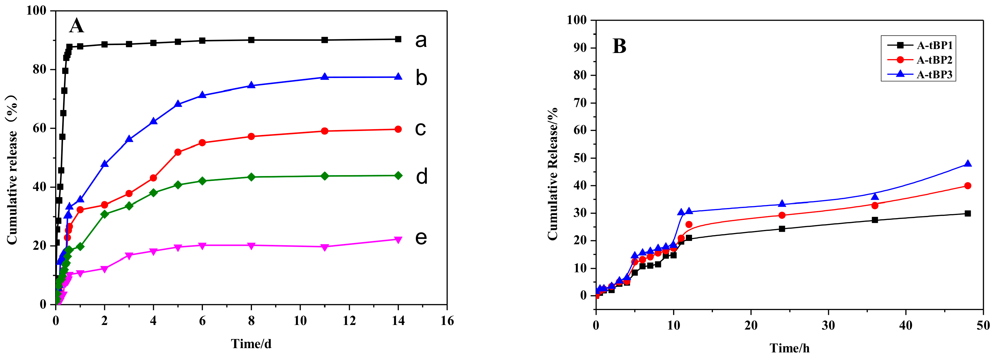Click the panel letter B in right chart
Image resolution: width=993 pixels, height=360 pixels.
(619, 46)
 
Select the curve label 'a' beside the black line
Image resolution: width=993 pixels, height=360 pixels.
(421, 40)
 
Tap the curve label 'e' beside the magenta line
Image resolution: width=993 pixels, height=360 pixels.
(421, 238)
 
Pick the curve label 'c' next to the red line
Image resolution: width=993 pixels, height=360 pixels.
(420, 129)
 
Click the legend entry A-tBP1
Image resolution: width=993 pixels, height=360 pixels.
(934, 45)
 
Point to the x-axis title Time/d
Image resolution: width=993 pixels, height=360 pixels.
(251, 344)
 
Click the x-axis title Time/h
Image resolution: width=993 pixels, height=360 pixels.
(789, 348)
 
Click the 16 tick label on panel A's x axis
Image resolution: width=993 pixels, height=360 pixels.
(447, 321)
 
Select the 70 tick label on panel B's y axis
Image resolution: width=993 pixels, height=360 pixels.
(580, 103)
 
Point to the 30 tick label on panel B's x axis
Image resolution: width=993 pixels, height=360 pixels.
(828, 326)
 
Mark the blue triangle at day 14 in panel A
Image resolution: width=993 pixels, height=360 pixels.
(398, 77)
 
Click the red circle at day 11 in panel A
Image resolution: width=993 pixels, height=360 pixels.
(324, 131)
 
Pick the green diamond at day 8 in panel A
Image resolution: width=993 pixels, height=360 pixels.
(251, 177)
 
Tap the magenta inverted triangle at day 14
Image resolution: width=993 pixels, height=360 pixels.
(398, 240)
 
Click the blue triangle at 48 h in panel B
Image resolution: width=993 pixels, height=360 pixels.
(967, 164)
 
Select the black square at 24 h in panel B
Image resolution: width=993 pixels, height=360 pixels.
(782, 228)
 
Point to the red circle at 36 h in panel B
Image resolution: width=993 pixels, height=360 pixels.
(875, 206)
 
